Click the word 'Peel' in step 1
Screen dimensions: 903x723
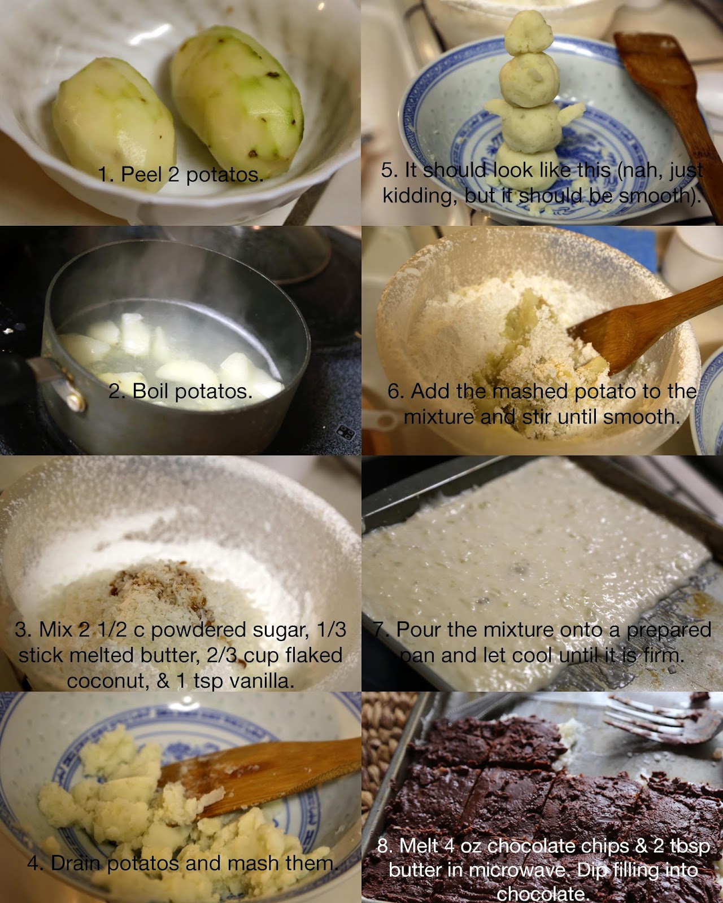[141, 174]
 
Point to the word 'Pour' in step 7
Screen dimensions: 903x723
[419, 629]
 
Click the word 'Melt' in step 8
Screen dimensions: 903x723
[419, 845]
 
